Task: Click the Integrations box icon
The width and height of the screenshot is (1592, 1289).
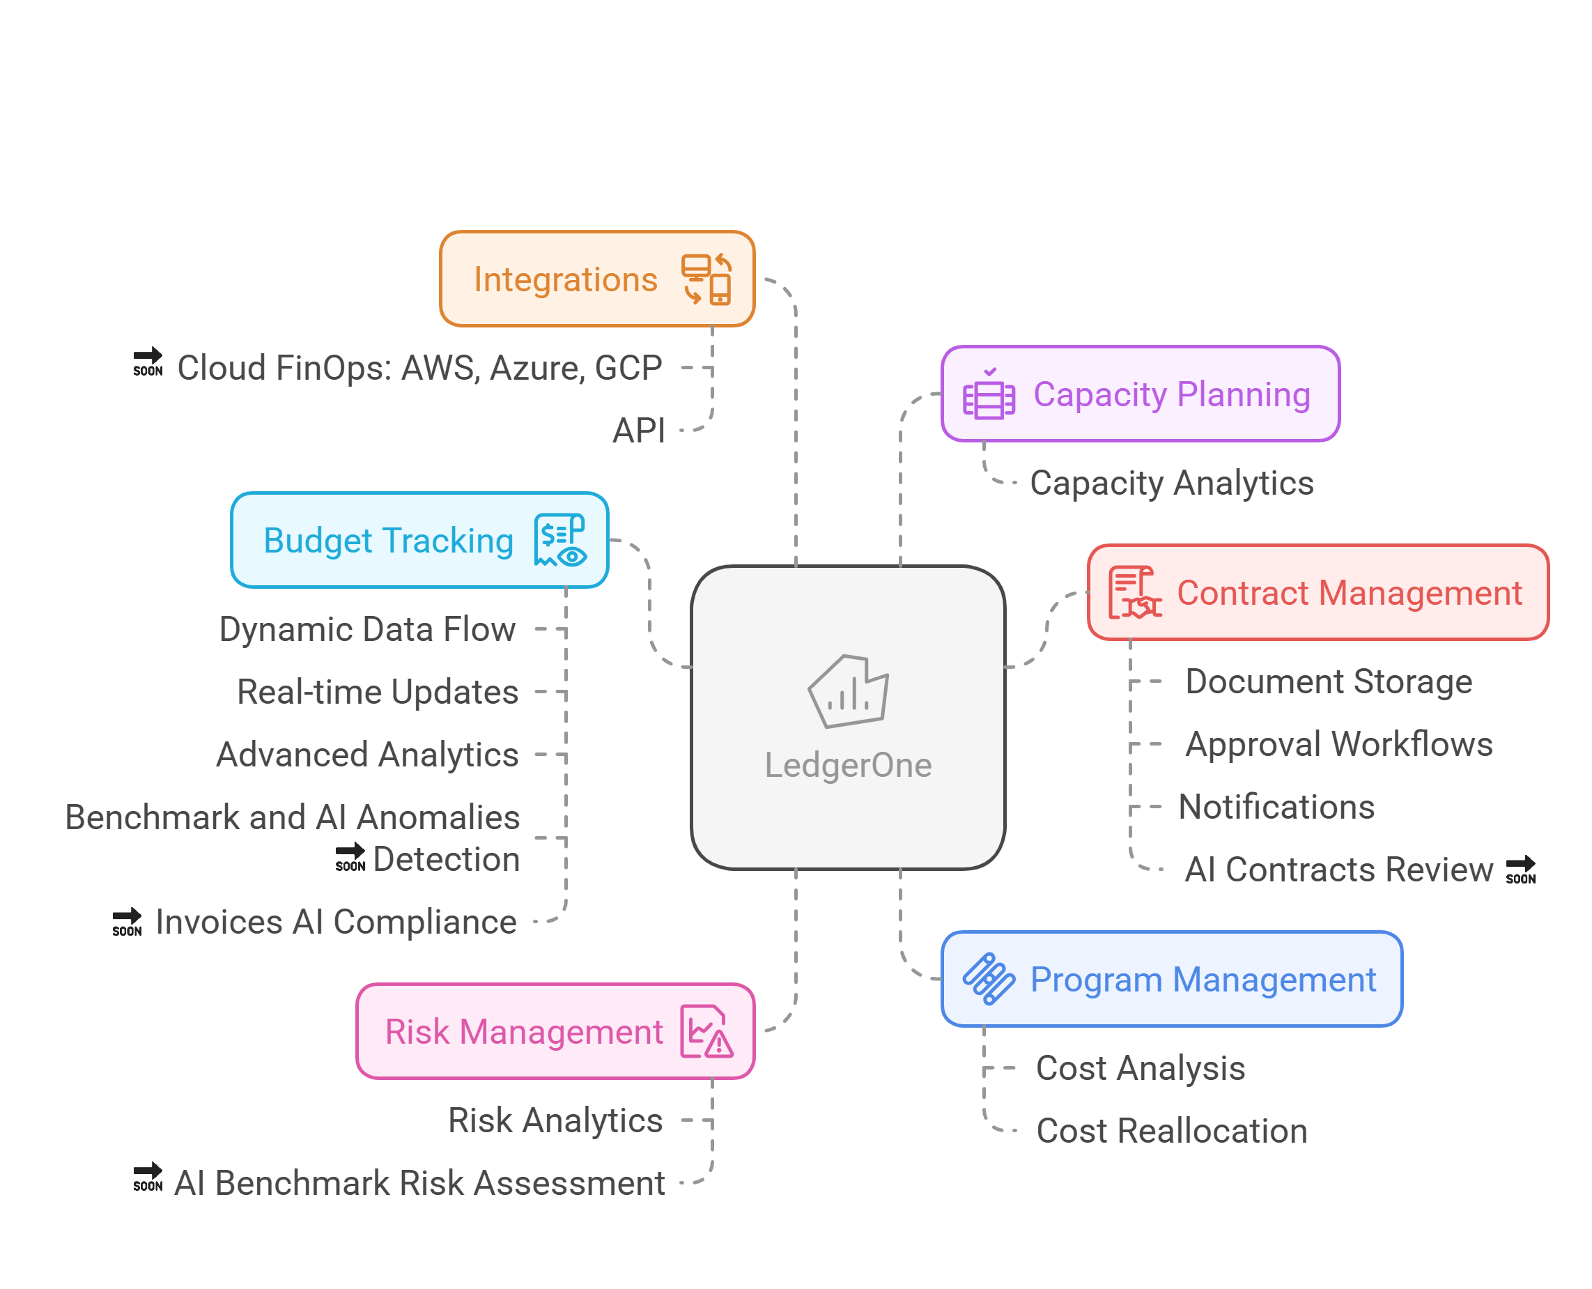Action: point(707,279)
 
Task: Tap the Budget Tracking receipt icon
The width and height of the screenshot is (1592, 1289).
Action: point(561,540)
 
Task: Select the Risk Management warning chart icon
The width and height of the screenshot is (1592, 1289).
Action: point(706,1031)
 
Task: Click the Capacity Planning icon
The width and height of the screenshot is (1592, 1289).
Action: point(989,394)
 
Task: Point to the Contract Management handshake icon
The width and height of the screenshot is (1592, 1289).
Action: point(1134,592)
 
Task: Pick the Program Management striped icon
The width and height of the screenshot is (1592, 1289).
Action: point(989,980)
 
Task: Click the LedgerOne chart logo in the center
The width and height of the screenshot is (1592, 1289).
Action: point(849,691)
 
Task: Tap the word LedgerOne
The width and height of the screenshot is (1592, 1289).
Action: point(848,765)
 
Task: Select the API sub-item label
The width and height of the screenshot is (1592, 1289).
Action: point(639,431)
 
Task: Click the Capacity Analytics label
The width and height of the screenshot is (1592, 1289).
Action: point(1171,484)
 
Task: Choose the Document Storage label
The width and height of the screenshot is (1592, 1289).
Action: point(1329,681)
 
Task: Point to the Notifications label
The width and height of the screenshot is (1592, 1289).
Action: point(1276,807)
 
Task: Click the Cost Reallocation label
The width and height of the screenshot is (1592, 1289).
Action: point(1171,1131)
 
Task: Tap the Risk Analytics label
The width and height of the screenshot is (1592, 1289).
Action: point(555,1120)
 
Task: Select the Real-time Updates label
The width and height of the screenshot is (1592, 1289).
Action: point(377,692)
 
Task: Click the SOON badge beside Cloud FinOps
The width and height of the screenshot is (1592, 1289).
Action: point(148,362)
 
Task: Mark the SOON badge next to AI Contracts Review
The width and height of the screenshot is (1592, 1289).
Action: point(1521,870)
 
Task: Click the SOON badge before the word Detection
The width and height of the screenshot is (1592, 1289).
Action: point(350,858)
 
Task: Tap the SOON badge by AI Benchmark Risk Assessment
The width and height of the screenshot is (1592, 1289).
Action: point(148,1178)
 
